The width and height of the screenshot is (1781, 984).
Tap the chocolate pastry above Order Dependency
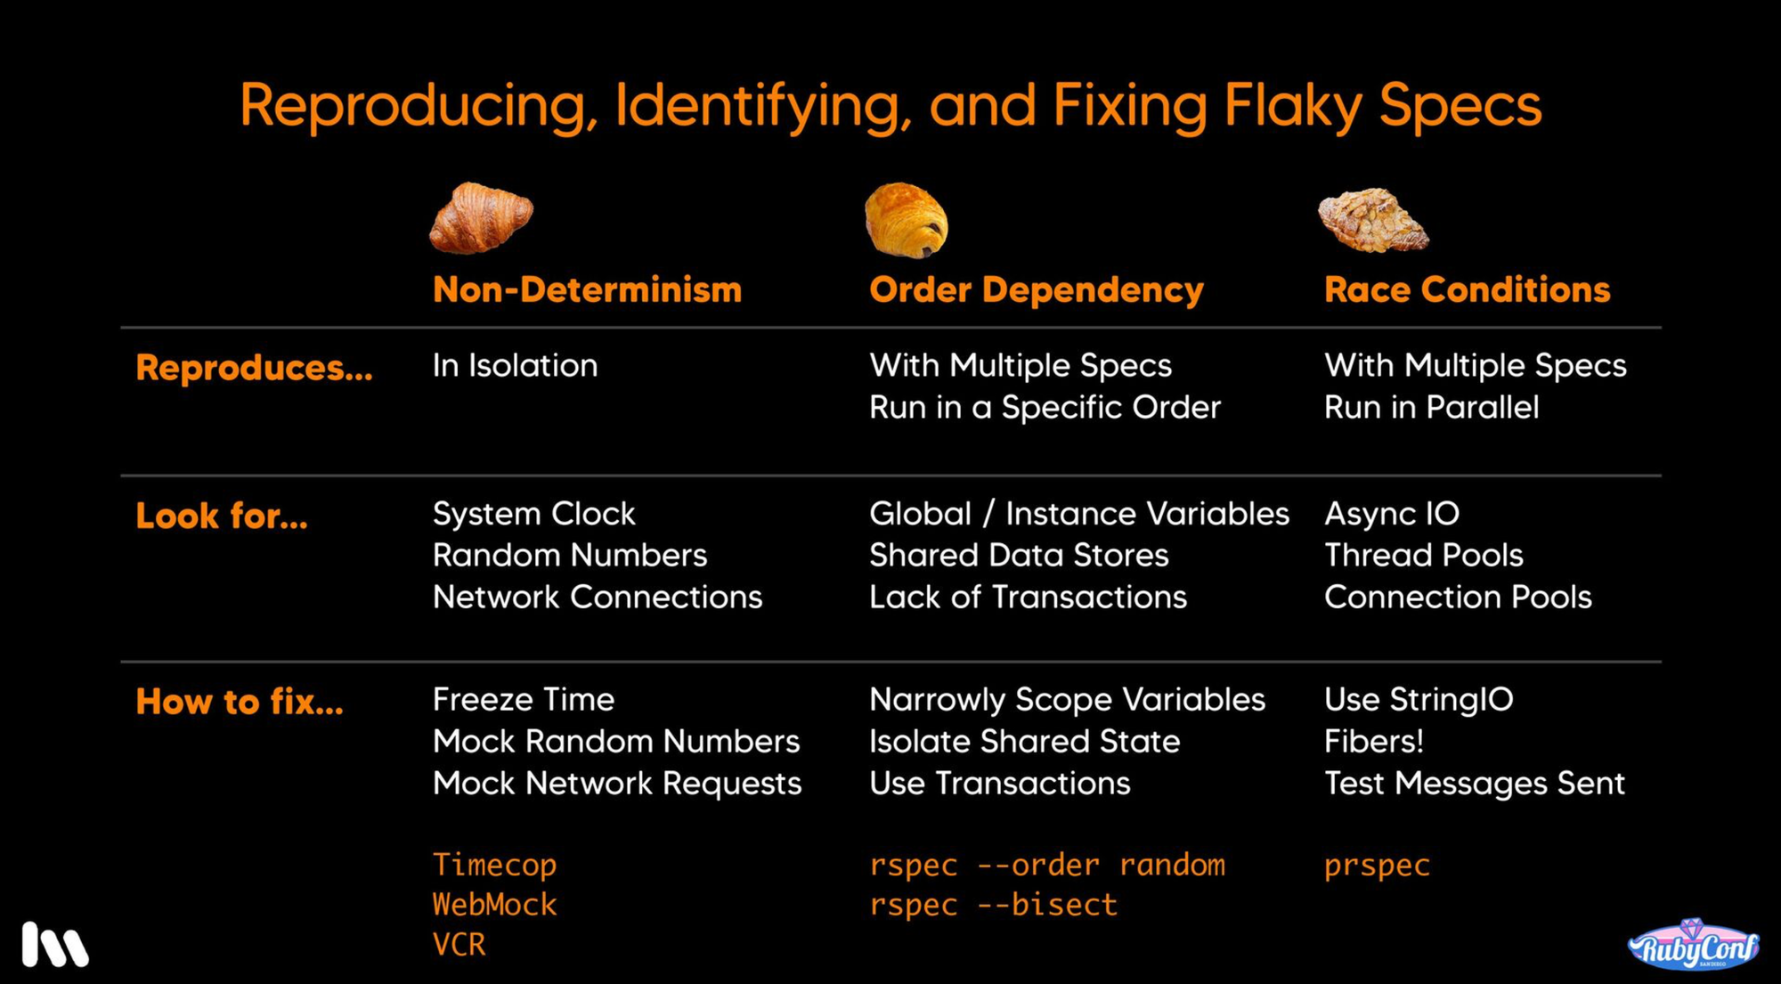tap(906, 220)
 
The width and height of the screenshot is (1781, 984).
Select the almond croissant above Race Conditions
tap(1372, 219)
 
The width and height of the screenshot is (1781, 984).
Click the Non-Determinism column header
tap(587, 290)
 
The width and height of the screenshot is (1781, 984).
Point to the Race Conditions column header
tap(1467, 290)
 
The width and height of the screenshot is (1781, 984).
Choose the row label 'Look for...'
tap(222, 516)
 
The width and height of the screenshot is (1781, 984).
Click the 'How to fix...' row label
tap(240, 703)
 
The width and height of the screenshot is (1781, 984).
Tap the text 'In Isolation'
tap(515, 366)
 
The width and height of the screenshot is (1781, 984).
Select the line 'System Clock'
tap(533, 514)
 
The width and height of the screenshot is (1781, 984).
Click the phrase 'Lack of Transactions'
tap(1028, 598)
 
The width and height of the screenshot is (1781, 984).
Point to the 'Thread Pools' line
tap(1423, 556)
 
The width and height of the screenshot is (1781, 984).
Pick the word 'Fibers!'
tap(1373, 742)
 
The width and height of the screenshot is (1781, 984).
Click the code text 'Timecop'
tap(494, 865)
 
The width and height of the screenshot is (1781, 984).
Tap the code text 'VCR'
tap(459, 944)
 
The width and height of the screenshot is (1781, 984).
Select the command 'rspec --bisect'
tap(993, 905)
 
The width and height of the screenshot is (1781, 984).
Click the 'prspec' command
tap(1377, 865)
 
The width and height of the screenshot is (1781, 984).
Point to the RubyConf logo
tap(1693, 946)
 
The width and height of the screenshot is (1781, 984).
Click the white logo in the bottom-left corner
tap(55, 945)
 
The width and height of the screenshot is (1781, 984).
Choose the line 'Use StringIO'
tap(1419, 700)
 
